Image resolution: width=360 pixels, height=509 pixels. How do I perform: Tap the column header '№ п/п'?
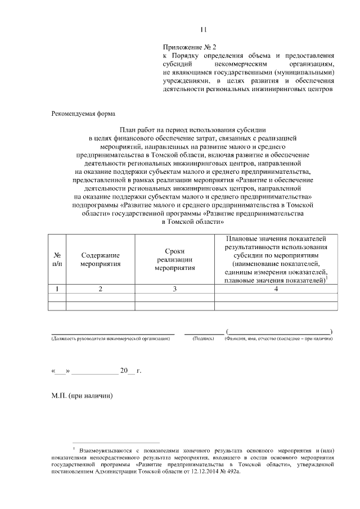coord(57,259)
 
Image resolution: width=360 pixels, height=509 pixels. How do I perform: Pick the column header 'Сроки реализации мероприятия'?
coord(175,259)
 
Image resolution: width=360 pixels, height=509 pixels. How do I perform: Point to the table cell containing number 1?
coord(57,289)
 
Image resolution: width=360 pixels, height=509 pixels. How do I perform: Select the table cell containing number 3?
coord(175,289)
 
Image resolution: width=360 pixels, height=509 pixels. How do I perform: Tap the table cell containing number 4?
coord(276,289)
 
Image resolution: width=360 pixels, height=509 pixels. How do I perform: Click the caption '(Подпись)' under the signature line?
coord(202,339)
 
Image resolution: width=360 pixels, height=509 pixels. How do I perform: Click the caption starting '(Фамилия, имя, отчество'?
coord(278,339)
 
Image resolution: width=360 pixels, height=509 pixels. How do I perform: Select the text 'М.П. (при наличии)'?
coord(82,396)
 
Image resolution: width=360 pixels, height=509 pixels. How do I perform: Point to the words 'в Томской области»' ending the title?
coord(193,222)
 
